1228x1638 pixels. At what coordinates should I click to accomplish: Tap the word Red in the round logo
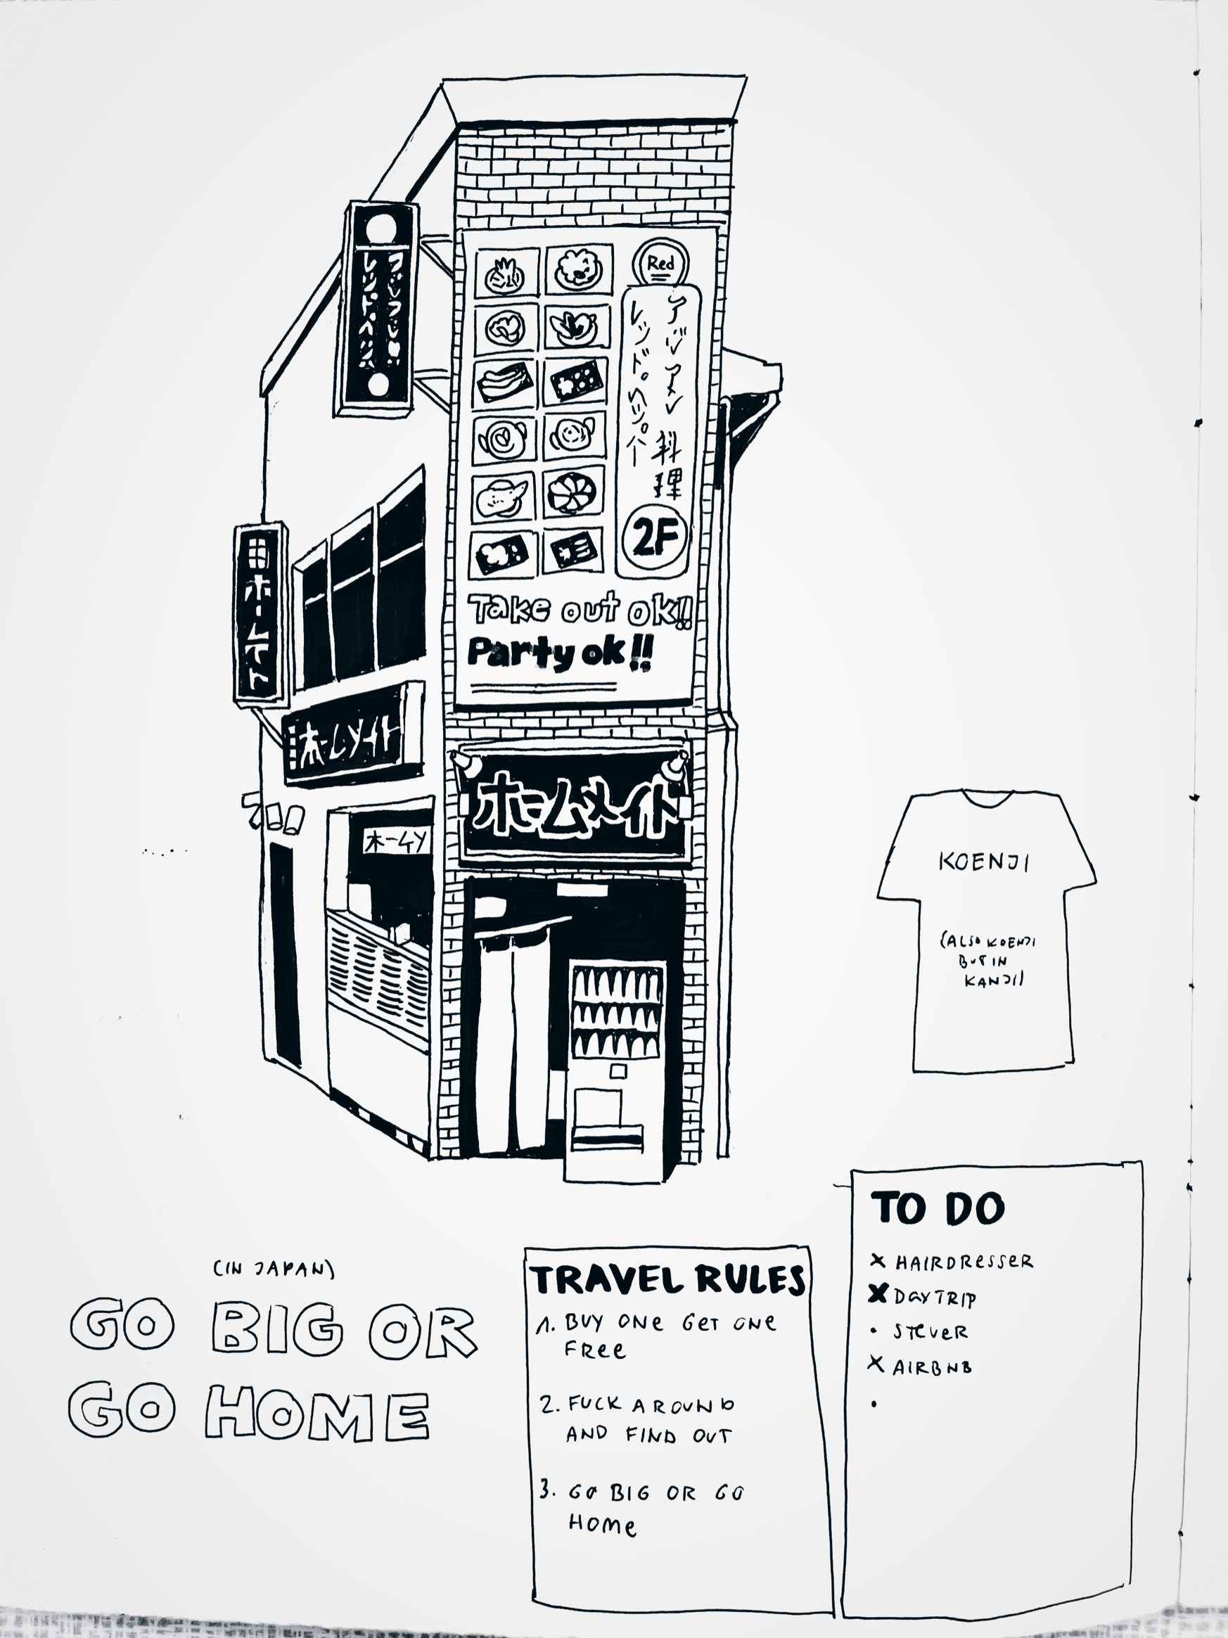point(660,264)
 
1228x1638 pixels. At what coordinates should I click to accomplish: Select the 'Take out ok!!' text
point(581,610)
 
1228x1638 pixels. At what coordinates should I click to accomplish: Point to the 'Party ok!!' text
point(560,653)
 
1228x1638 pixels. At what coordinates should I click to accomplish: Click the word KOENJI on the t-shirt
point(983,862)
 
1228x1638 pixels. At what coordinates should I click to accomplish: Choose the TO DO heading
point(937,1208)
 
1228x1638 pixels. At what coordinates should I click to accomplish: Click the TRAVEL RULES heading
point(667,1279)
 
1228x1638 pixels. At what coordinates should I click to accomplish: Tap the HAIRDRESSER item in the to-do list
point(963,1262)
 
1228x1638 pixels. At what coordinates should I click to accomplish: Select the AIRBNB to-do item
point(932,1367)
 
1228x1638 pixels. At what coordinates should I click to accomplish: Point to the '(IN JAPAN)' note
point(274,1269)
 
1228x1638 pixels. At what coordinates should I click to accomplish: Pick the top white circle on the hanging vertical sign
point(380,226)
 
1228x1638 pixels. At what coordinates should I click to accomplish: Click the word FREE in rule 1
point(595,1349)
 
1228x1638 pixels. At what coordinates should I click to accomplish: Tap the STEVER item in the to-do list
point(930,1332)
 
